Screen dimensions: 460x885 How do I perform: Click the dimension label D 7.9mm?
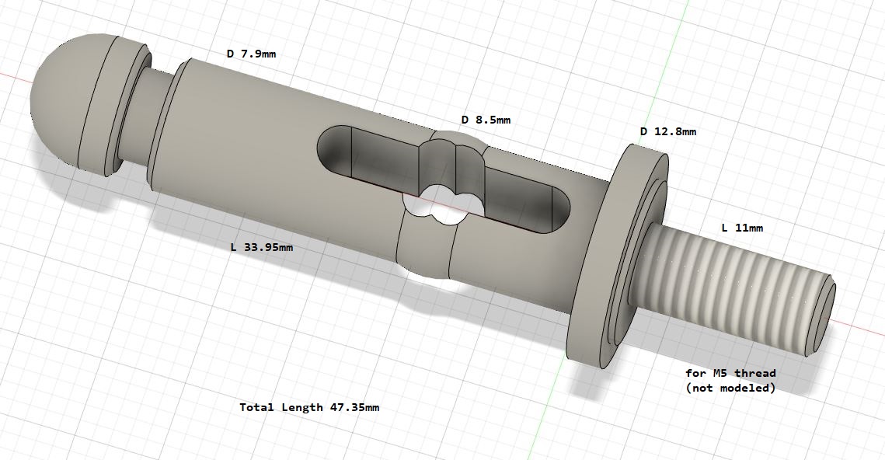click(251, 54)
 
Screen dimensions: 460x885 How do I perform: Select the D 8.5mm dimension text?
click(486, 120)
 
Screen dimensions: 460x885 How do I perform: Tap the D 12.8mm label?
click(667, 131)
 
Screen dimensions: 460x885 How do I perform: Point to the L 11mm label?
click(742, 228)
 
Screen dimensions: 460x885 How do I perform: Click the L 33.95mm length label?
click(262, 247)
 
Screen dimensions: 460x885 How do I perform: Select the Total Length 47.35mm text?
click(309, 407)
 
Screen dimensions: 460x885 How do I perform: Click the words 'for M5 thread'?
click(730, 373)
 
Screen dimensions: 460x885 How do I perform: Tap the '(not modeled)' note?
click(730, 388)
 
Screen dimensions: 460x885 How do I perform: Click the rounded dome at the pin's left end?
click(58, 97)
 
